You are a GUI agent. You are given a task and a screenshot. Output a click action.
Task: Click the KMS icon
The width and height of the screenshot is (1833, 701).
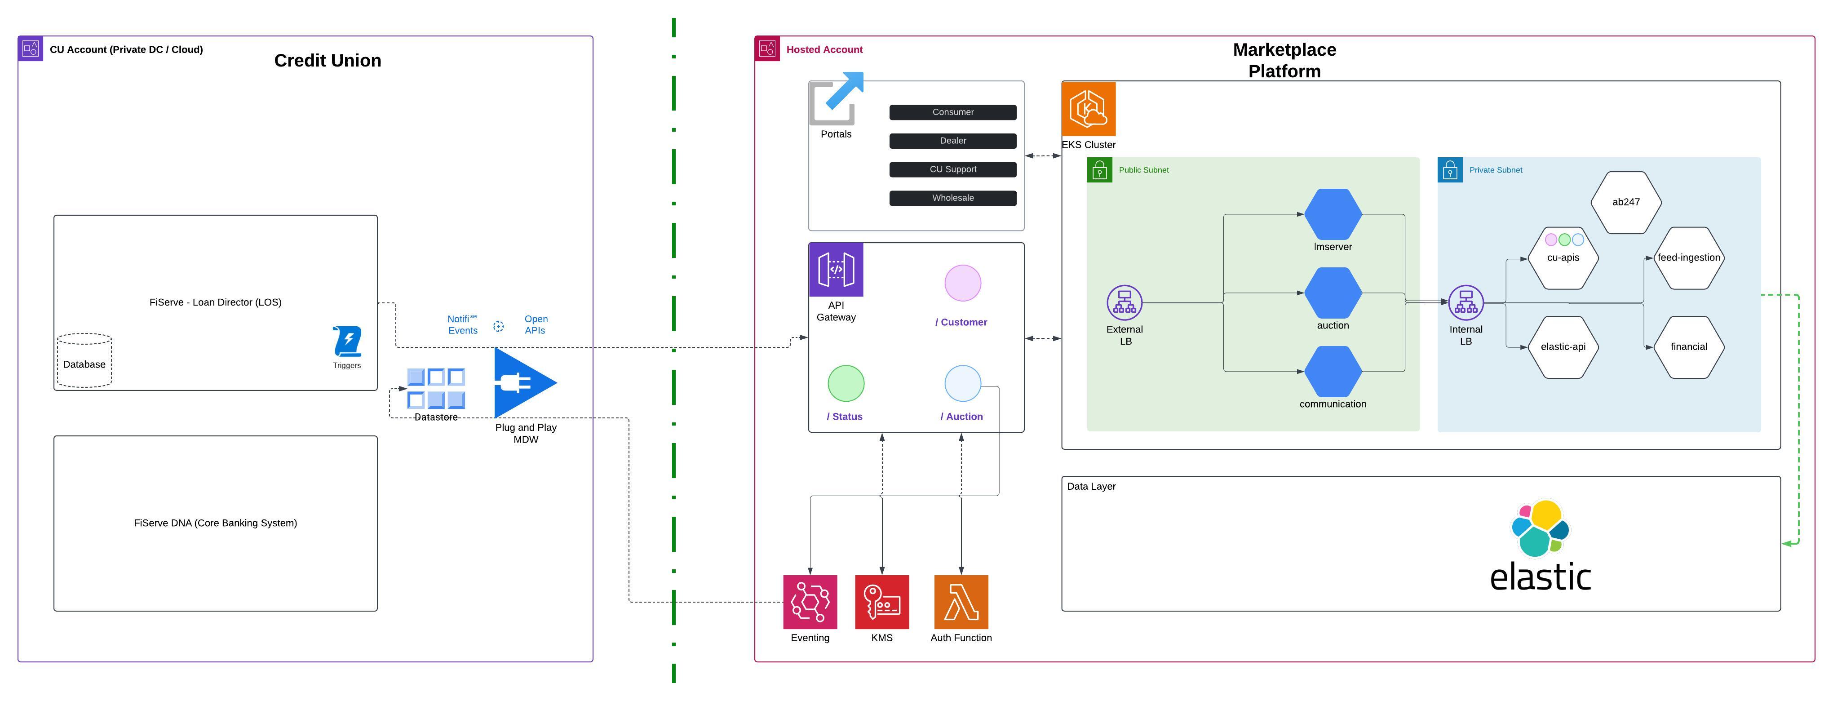pyautogui.click(x=881, y=601)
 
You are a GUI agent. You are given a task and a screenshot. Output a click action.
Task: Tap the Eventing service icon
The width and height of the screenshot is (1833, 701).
pyautogui.click(x=810, y=601)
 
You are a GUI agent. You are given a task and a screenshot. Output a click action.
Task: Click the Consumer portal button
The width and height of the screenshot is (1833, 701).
pyautogui.click(x=953, y=112)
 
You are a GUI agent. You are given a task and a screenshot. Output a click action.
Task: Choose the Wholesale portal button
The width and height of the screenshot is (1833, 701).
pyautogui.click(x=953, y=198)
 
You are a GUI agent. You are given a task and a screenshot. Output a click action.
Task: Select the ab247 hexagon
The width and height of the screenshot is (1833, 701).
pyautogui.click(x=1626, y=202)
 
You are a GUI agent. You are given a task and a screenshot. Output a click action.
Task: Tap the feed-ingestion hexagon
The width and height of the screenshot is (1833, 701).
pyautogui.click(x=1688, y=257)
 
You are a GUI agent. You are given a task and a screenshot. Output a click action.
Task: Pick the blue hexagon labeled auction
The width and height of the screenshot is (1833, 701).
pyautogui.click(x=1333, y=293)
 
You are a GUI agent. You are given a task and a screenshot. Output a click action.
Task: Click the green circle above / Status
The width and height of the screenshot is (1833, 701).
pyautogui.click(x=846, y=384)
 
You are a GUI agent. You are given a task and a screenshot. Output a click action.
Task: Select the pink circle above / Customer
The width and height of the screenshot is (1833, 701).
pyautogui.click(x=963, y=283)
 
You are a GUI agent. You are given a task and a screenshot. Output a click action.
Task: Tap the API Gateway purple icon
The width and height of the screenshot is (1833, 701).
pyautogui.click(x=836, y=270)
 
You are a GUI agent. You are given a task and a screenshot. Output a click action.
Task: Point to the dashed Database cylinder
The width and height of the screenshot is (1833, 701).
pyautogui.click(x=84, y=360)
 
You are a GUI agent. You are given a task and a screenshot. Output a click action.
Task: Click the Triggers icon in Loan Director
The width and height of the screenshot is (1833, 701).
pyautogui.click(x=347, y=342)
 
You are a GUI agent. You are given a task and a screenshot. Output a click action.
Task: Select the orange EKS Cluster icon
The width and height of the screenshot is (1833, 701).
pyautogui.click(x=1088, y=109)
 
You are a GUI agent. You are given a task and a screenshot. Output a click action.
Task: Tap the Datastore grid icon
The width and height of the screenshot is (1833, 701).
pyautogui.click(x=436, y=388)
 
